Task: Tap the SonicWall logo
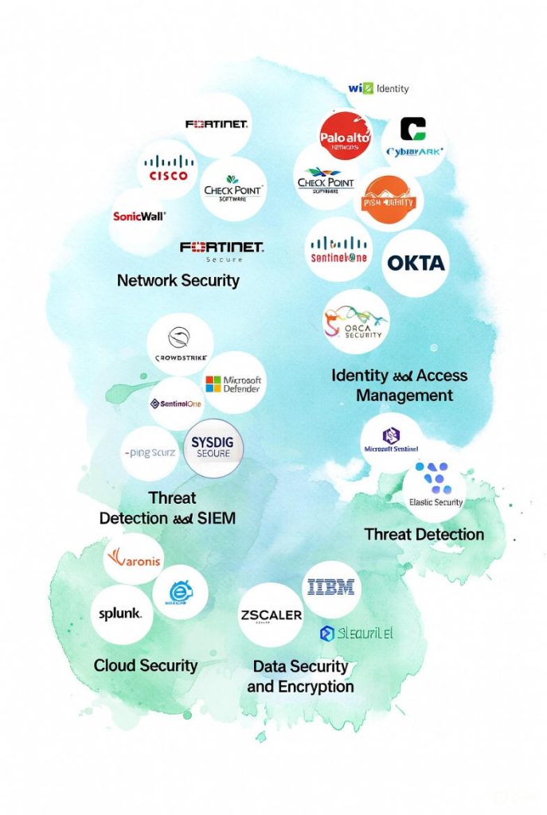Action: point(140,216)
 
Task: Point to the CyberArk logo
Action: point(414,140)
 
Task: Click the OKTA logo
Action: point(416,263)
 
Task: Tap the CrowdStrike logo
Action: point(180,345)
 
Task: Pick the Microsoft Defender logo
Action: point(234,383)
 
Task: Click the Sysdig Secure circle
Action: point(213,447)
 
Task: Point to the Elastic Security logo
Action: point(435,487)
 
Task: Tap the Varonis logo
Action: point(133,560)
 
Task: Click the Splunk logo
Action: point(121,614)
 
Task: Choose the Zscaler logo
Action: point(271,615)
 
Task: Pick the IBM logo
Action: point(334,588)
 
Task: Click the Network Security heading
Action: point(178,280)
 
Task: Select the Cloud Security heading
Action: point(146,665)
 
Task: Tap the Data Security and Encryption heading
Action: point(300,676)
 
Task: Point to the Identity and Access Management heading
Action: point(400,385)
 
